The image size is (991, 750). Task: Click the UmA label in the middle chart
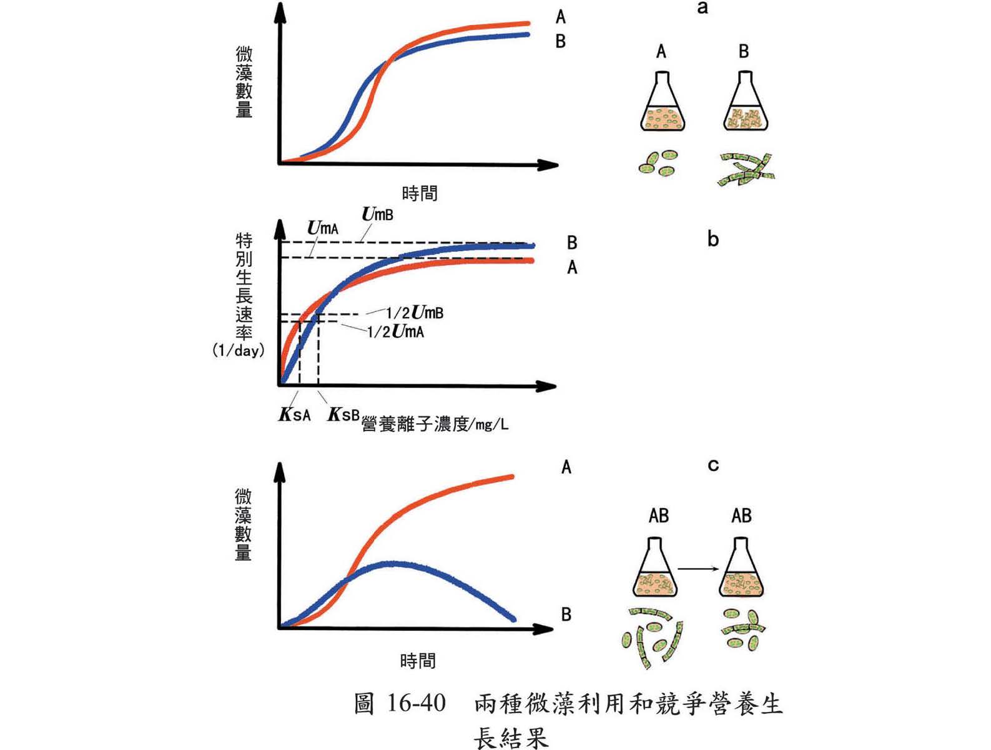pos(323,228)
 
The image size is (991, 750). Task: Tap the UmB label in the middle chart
pos(378,214)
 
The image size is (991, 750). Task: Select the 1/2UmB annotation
pos(415,312)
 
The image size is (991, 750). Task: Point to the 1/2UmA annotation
pos(395,331)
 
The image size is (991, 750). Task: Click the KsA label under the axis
pos(294,414)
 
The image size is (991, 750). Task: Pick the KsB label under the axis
pos(343,414)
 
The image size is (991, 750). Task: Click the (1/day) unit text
pos(238,351)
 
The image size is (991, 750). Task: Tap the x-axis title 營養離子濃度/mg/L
pos(435,424)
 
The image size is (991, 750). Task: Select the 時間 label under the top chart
pos(420,194)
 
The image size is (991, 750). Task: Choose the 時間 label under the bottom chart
pos(418,661)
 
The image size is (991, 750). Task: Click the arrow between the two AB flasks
pos(698,569)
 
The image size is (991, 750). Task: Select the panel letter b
pos(713,239)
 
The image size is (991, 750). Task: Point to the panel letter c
pos(713,465)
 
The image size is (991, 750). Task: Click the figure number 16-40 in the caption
pos(416,704)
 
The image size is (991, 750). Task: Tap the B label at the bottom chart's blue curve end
pos(566,614)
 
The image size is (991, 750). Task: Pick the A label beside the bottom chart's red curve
pos(566,467)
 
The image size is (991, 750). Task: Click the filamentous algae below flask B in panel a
pos(747,169)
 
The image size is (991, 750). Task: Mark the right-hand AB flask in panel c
pos(742,569)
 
